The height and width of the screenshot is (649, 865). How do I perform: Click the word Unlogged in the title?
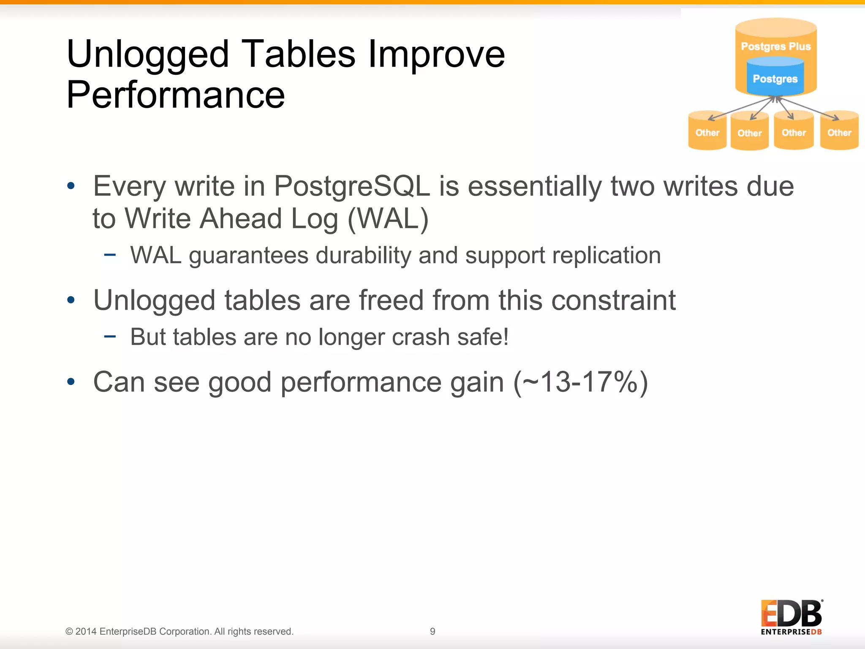coord(147,55)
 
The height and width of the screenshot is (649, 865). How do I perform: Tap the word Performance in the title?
coord(176,95)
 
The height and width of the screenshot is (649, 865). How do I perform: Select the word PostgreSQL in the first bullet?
coord(352,186)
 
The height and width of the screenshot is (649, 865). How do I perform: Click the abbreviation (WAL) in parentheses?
coord(388,219)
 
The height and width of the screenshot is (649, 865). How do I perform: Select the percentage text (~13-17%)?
coord(581,382)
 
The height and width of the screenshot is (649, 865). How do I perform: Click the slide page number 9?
coord(432,631)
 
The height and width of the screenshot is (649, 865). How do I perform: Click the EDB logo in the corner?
coord(792,617)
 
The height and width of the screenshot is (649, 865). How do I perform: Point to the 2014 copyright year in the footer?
coord(86,632)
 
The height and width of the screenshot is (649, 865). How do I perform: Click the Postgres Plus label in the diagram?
coord(776,46)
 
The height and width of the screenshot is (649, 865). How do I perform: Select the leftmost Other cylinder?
coord(707,131)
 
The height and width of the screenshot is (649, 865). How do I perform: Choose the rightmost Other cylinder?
coord(839,131)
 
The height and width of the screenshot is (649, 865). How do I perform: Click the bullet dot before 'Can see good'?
coord(71,382)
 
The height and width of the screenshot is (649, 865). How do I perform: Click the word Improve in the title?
coord(437,55)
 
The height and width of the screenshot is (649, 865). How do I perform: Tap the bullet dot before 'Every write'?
coord(71,186)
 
